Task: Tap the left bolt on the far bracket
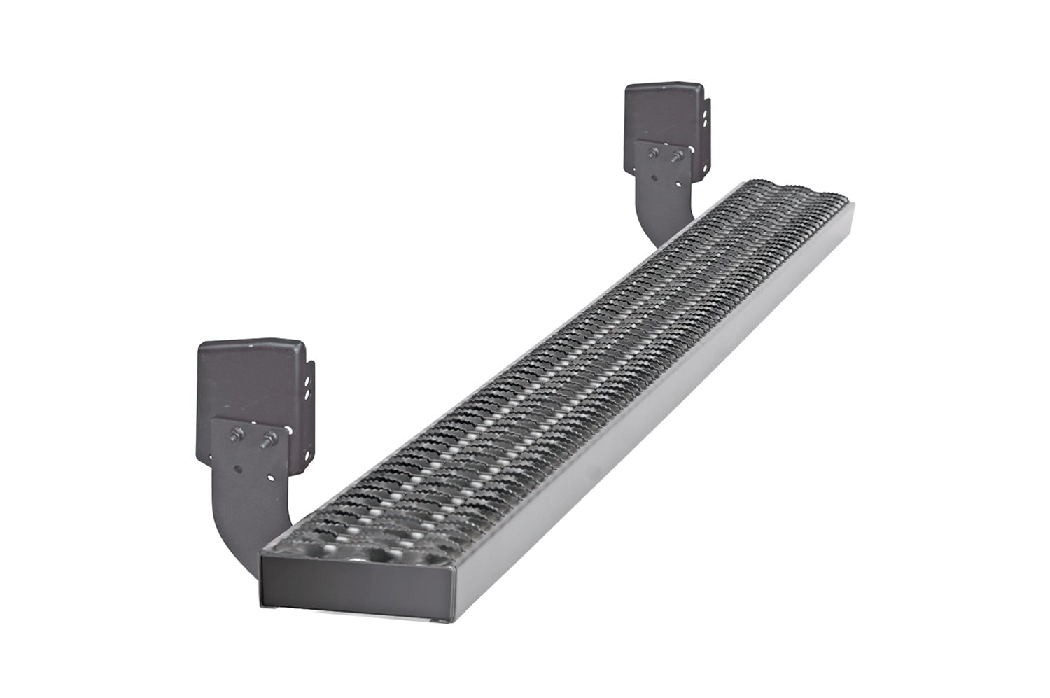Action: [x=652, y=153]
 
